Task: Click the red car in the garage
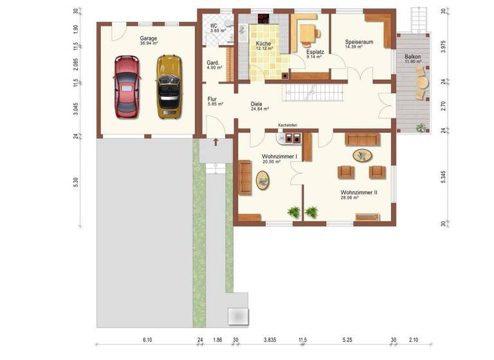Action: (x=127, y=87)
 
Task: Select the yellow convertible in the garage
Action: (x=169, y=85)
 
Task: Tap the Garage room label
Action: (x=149, y=38)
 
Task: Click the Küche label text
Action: (x=264, y=42)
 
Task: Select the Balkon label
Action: (x=412, y=57)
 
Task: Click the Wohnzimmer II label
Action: (x=358, y=192)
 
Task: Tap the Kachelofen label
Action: (x=288, y=125)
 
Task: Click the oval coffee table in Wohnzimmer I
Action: (x=264, y=180)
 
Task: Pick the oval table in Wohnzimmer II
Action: (x=362, y=155)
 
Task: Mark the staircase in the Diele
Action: (x=306, y=94)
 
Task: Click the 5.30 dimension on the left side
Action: (x=76, y=182)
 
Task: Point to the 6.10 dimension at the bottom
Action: (x=147, y=339)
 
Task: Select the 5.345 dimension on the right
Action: (x=444, y=178)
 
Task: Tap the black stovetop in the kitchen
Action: (x=264, y=18)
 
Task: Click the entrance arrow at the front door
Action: (x=215, y=141)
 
